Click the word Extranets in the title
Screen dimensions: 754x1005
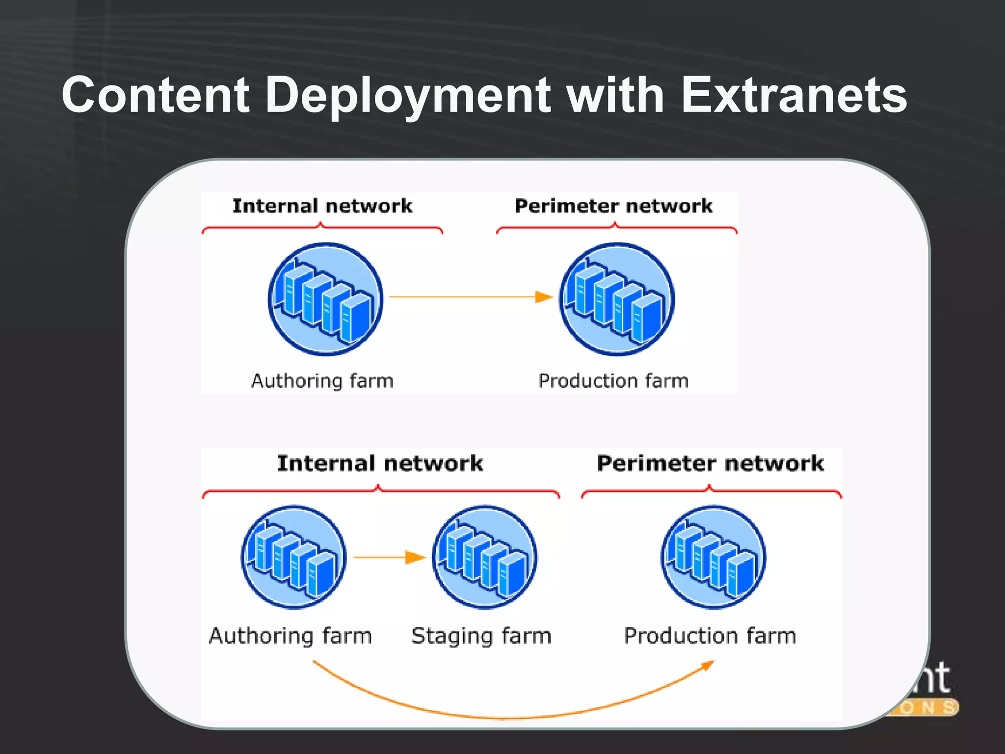793,96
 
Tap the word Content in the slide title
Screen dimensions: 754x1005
156,96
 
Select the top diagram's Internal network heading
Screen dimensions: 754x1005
322,206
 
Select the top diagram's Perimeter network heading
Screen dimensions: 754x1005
613,206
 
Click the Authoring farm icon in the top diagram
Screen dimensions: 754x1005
325,299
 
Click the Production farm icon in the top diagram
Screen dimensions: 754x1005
617,299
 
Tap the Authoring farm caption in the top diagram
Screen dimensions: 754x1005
322,381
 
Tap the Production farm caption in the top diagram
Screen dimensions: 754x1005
613,381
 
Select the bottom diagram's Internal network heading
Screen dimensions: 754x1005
380,463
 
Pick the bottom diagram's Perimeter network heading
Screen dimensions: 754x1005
710,463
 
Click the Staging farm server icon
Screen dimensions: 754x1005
484,557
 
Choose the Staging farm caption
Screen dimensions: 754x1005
481,636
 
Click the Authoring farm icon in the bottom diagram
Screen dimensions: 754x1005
293,557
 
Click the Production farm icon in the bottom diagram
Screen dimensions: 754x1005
713,557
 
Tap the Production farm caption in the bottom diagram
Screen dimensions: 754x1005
710,636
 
